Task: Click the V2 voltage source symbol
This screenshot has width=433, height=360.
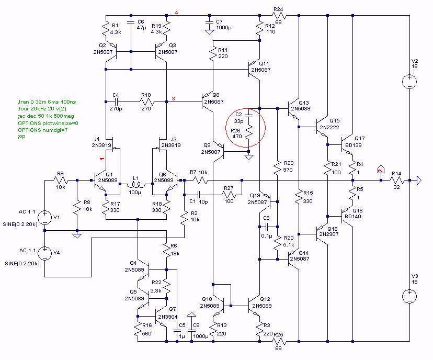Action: [409, 82]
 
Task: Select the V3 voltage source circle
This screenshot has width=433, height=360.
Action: [409, 296]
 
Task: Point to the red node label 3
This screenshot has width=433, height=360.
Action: [173, 99]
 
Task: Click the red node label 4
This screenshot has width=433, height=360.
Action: [176, 12]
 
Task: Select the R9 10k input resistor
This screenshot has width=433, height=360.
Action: [61, 181]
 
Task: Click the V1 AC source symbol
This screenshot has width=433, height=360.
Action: [45, 217]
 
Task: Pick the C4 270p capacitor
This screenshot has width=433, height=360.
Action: [116, 100]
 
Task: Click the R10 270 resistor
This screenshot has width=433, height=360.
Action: [146, 100]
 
